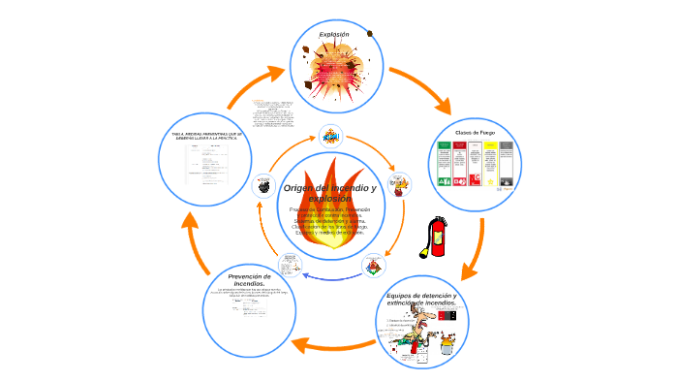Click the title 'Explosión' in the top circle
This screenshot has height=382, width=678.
tap(334, 34)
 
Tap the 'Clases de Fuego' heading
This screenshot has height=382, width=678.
tap(475, 132)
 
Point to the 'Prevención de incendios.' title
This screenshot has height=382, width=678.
tap(249, 280)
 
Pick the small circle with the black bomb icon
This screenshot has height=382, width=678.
tap(262, 185)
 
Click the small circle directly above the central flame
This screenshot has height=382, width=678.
tap(331, 135)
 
